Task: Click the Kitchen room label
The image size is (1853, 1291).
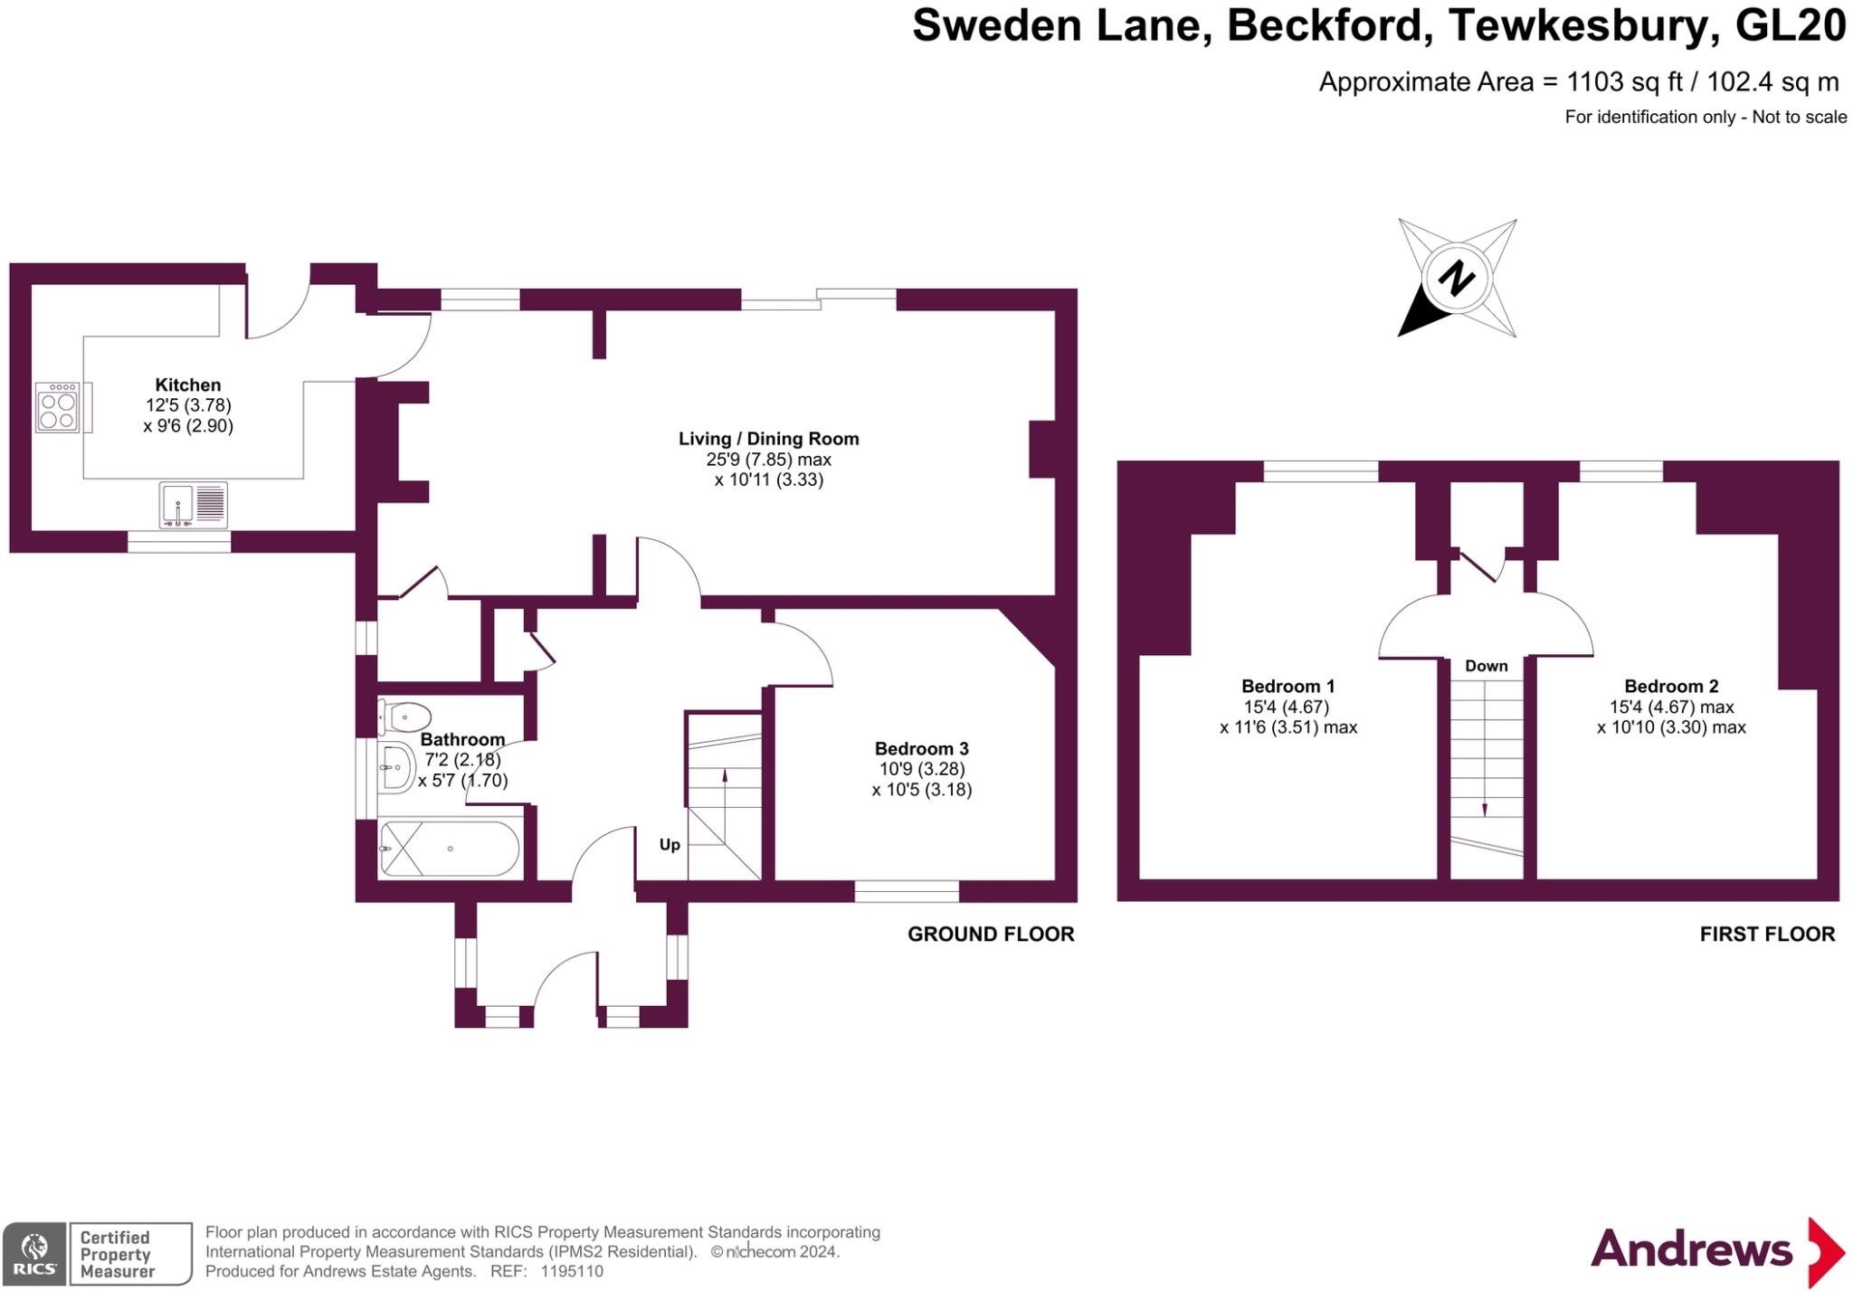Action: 187,384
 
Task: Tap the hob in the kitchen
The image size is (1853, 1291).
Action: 57,409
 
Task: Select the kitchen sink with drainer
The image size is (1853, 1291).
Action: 194,505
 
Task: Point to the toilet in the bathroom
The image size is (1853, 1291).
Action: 404,717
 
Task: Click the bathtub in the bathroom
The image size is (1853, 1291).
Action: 450,849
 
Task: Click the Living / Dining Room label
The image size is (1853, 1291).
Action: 768,439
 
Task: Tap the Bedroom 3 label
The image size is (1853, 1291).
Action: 921,749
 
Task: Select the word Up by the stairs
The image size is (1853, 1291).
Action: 670,845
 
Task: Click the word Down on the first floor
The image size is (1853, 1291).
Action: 1486,666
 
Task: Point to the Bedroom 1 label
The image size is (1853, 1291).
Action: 1288,686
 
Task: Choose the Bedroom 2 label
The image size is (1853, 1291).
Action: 1670,686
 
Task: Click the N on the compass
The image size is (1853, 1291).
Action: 1456,278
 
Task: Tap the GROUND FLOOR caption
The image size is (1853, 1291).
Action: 991,934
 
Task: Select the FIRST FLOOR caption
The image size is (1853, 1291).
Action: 1767,934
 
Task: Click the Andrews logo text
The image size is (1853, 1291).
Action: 1691,1250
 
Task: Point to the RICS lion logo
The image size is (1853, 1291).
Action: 34,1253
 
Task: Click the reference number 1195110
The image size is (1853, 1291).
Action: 572,1271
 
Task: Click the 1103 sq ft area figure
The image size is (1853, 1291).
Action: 1624,82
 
